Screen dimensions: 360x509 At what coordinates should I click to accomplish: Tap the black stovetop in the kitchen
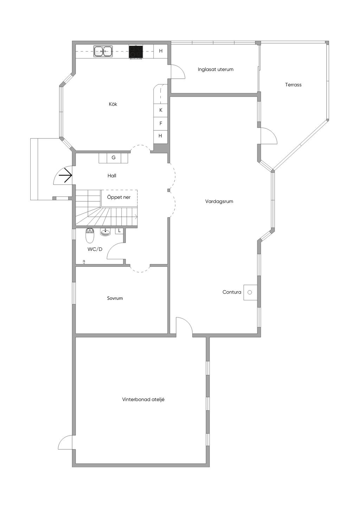point(136,52)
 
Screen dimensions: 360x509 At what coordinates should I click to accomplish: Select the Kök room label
point(113,104)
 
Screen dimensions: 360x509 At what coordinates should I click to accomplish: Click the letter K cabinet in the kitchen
point(161,110)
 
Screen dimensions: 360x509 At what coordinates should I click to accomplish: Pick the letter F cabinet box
point(161,124)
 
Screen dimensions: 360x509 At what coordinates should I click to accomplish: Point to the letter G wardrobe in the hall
point(114,157)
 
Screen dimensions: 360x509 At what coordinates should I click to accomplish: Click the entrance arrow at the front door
point(65,175)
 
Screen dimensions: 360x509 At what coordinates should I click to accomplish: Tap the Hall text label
point(112,176)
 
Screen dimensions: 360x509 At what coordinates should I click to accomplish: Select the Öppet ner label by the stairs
point(119,197)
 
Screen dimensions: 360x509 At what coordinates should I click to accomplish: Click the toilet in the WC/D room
point(90,235)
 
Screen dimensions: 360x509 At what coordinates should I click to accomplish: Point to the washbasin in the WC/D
point(105,232)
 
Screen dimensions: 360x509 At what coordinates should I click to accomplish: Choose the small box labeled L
point(120,231)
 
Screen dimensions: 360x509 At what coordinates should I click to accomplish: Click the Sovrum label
point(115,298)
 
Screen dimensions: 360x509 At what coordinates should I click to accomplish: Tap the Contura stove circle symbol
point(250,292)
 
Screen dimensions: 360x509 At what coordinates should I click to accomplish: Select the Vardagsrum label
point(219,202)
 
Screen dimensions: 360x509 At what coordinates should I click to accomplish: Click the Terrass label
point(293,85)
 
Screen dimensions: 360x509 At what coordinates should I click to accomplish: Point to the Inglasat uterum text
point(216,69)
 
